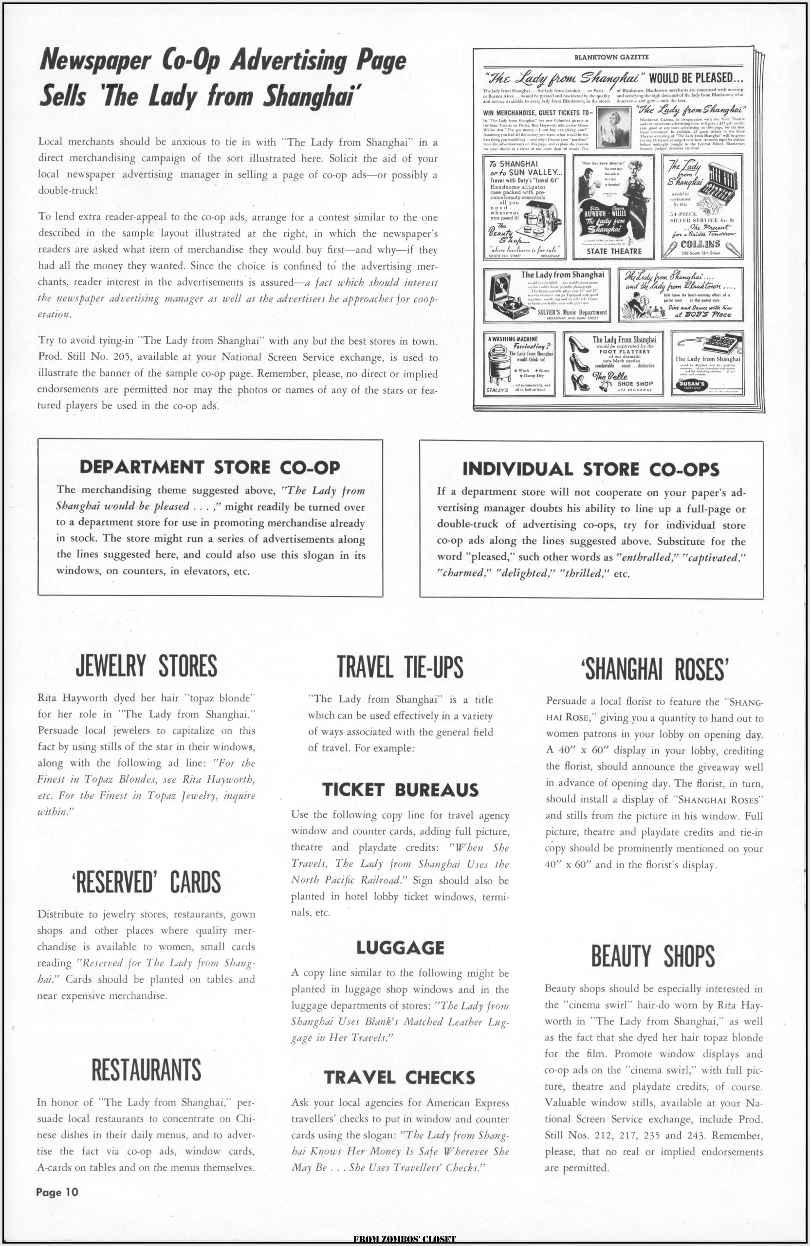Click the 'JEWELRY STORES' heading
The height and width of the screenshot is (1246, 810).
coord(146,666)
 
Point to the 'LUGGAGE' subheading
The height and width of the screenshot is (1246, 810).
coord(400,948)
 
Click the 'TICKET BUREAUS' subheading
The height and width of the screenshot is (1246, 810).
coord(400,789)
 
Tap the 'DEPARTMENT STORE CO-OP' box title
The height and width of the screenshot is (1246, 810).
coord(209,467)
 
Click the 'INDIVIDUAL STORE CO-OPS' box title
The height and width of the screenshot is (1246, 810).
coord(590,469)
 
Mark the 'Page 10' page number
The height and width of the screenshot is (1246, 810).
coord(57,1203)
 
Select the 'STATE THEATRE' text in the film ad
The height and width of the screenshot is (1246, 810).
coord(614,251)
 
